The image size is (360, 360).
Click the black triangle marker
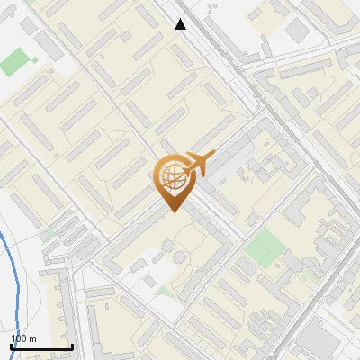coord(181,24)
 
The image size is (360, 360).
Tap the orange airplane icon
coord(197,163)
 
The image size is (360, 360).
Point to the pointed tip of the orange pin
coord(172,212)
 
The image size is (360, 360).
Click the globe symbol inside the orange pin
coord(172,177)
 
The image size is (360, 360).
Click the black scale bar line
coord(41,347)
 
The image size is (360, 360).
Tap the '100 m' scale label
coord(23,338)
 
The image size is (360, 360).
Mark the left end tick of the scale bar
coord(12,346)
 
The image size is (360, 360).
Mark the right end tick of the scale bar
coord(72,346)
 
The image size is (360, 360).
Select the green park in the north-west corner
coord(14,63)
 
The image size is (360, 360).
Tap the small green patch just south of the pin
coord(165,290)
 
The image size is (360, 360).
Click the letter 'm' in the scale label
coord(33,338)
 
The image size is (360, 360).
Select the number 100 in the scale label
coord(19,338)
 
